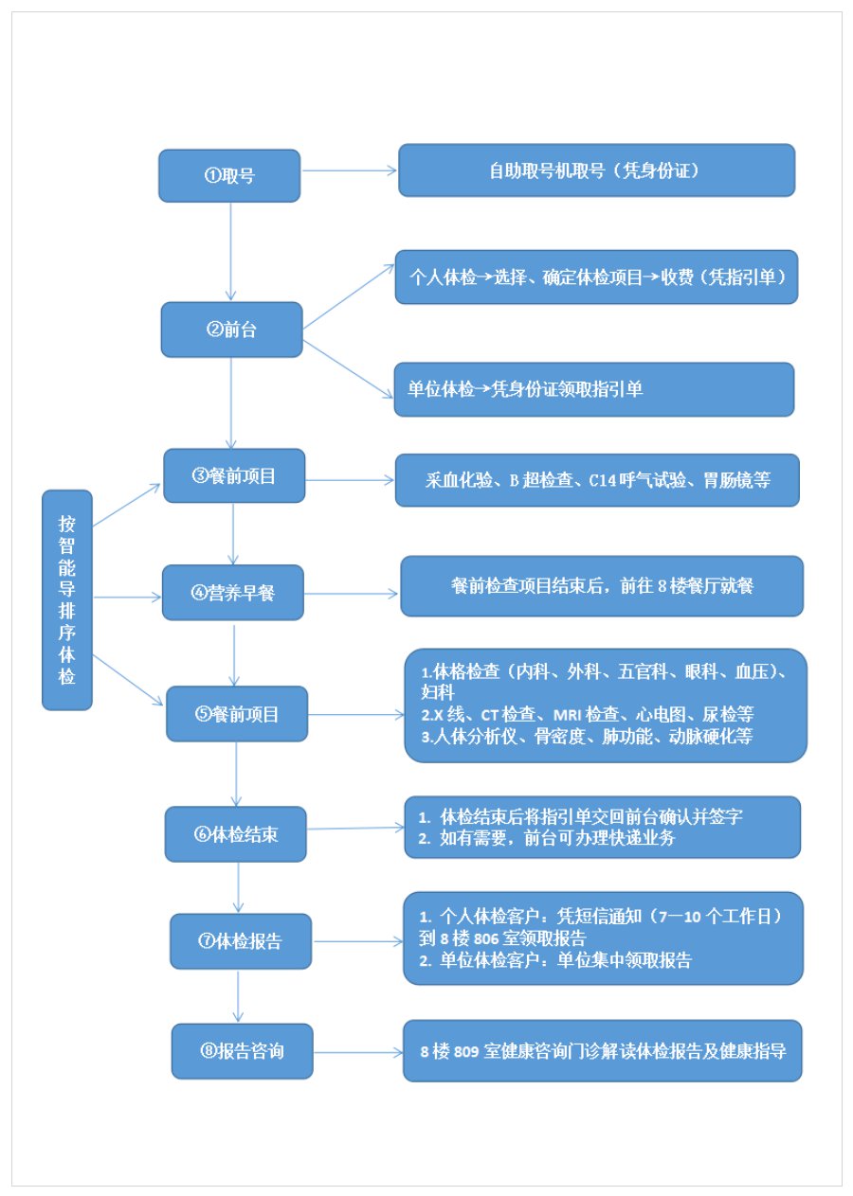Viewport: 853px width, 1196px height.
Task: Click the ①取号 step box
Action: click(229, 175)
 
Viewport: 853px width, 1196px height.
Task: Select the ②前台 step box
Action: click(231, 330)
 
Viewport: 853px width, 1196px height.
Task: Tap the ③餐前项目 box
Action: click(234, 475)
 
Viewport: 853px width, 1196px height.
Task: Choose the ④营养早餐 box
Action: click(233, 592)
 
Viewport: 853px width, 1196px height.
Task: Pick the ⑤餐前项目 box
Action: click(237, 714)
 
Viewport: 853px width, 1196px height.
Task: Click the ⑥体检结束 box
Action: click(236, 834)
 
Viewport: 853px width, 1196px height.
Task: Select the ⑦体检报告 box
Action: click(241, 941)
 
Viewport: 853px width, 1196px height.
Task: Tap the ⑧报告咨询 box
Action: click(242, 1051)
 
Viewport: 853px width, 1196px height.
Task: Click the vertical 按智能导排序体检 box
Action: click(67, 599)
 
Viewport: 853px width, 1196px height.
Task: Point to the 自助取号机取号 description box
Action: click(596, 170)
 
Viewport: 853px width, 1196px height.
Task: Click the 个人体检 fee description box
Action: click(596, 277)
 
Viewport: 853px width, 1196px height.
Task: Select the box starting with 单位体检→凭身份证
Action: click(593, 389)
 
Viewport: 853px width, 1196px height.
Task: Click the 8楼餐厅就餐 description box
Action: click(602, 586)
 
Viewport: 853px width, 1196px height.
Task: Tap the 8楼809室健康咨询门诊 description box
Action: click(602, 1050)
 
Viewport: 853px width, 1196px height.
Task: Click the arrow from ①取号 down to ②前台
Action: click(230, 251)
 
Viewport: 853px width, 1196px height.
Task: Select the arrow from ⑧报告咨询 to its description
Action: click(357, 1052)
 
